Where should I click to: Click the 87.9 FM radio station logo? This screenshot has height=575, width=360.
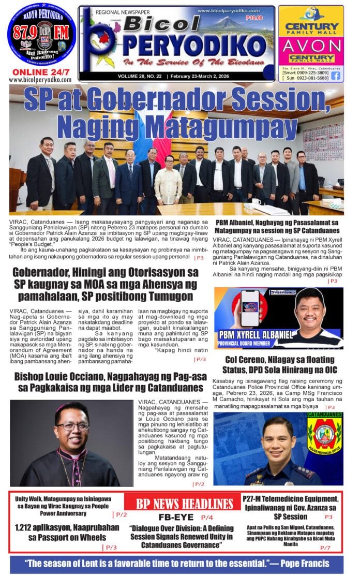41,35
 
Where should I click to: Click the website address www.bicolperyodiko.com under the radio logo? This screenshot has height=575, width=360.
40,80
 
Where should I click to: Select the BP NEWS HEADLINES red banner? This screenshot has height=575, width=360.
184,504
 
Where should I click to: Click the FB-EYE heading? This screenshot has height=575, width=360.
176,517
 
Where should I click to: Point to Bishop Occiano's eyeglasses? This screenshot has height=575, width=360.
73,426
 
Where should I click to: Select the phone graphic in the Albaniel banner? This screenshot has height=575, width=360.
243,307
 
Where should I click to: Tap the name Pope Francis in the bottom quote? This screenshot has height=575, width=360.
315,563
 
